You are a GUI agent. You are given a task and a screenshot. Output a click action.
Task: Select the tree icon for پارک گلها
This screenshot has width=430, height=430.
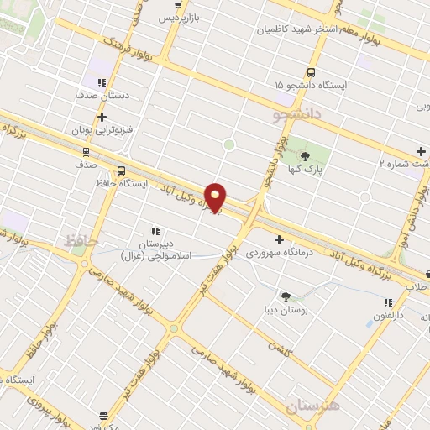click(x=305, y=155)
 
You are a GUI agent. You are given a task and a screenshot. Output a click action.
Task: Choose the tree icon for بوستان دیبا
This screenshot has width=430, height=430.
click(x=286, y=296)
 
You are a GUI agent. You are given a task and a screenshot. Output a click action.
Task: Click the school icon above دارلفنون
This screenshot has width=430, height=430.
click(x=387, y=302)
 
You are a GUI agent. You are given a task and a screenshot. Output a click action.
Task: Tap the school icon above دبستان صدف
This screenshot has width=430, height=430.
click(x=102, y=82)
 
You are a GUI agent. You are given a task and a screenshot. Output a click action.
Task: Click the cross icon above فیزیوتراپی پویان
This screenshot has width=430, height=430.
click(x=102, y=118)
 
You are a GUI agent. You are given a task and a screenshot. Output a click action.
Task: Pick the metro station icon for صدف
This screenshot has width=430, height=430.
click(x=85, y=152)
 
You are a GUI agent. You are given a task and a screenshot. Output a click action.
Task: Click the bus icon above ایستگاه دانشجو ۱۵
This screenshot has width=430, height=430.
click(x=311, y=72)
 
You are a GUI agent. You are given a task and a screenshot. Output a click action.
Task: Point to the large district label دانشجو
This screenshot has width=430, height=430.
click(x=297, y=115)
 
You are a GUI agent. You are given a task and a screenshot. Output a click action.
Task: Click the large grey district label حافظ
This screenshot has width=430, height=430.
click(x=81, y=241)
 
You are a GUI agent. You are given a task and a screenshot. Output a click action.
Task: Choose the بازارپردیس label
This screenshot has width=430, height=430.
click(x=181, y=17)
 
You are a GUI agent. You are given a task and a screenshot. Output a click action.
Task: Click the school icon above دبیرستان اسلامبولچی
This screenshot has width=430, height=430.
click(x=155, y=230)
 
